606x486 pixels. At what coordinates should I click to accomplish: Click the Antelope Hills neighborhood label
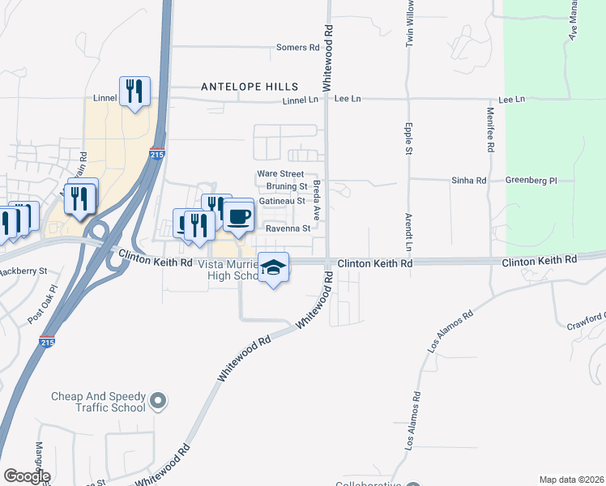click(x=250, y=87)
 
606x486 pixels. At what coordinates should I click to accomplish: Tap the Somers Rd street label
click(x=297, y=48)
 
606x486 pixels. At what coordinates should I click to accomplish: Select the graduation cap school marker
click(x=274, y=268)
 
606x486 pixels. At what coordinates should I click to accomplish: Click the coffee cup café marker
click(x=239, y=216)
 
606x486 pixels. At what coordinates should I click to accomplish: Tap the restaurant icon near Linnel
click(x=134, y=92)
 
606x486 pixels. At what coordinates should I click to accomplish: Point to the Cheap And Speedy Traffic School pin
click(x=159, y=400)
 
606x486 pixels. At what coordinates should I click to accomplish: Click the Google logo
click(x=26, y=476)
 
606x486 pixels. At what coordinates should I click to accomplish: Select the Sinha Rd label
click(x=469, y=181)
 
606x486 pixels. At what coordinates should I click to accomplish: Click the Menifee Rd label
click(x=490, y=131)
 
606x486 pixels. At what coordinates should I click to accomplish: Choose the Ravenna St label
click(x=289, y=228)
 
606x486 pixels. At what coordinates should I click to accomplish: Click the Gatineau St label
click(x=282, y=201)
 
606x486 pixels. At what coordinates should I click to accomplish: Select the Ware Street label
click(x=280, y=174)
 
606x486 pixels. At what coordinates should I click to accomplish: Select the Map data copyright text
click(x=571, y=480)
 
